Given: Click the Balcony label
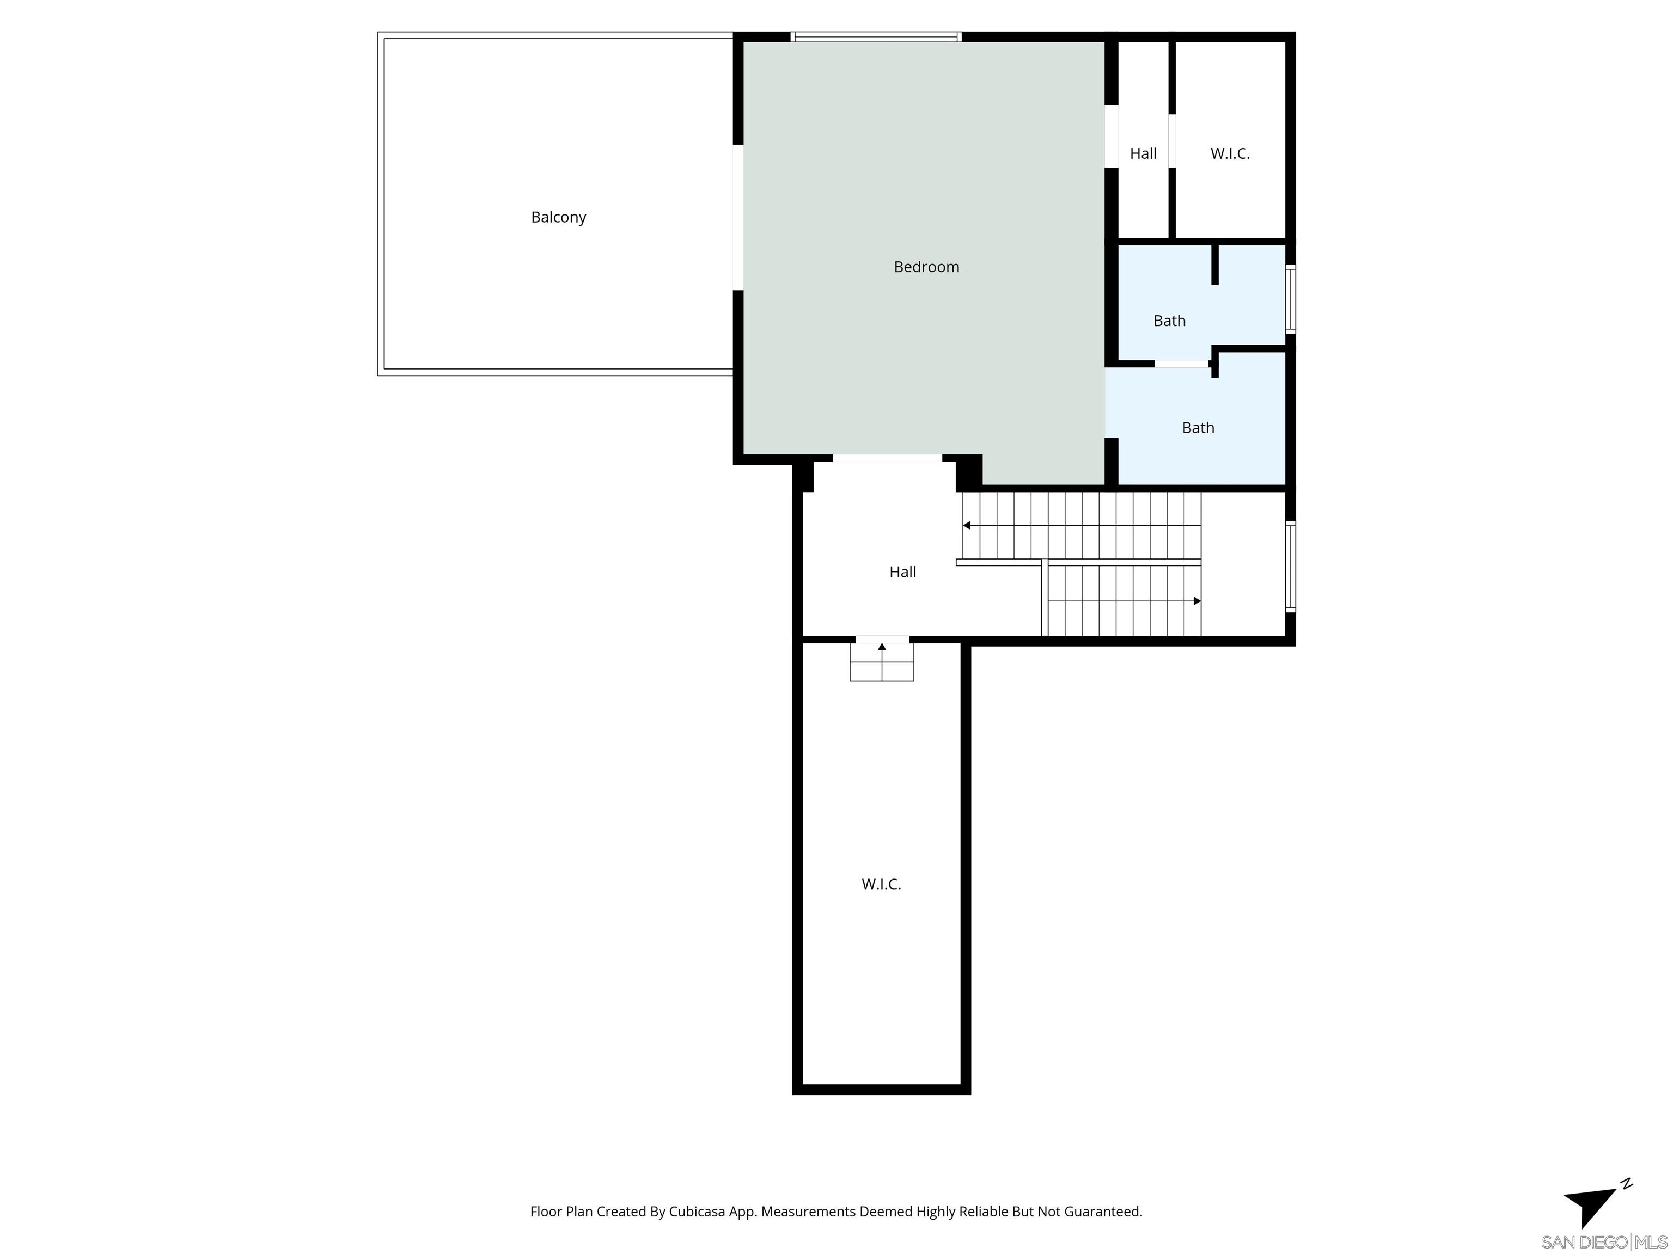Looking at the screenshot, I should [558, 218].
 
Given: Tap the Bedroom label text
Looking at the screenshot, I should [926, 267].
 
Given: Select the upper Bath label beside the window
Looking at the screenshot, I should [1169, 321].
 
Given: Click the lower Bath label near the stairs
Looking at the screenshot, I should [1198, 428].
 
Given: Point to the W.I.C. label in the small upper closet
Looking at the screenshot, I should [1230, 154].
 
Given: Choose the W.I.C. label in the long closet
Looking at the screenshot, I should [881, 884].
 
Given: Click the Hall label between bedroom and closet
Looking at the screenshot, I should [1143, 154].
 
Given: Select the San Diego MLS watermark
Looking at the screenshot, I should [1603, 1242].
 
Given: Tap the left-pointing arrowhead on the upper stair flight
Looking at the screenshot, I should [967, 525].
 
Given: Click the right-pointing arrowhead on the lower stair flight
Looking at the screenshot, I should [1196, 601].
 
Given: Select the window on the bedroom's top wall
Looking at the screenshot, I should [876, 37].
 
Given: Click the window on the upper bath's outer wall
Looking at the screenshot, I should [1290, 299].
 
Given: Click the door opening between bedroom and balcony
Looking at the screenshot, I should [738, 218].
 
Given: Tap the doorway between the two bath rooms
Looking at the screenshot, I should [1181, 364].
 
